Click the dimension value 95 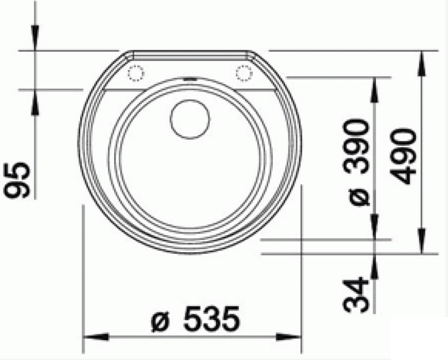[x=16, y=180]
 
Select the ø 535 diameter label [x=195, y=319]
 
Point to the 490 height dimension [x=403, y=156]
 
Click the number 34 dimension [x=356, y=295]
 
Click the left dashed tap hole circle [x=136, y=73]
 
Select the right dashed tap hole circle [x=244, y=73]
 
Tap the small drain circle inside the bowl [x=189, y=120]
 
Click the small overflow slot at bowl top [x=189, y=79]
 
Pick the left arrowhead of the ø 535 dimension [x=96, y=337]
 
